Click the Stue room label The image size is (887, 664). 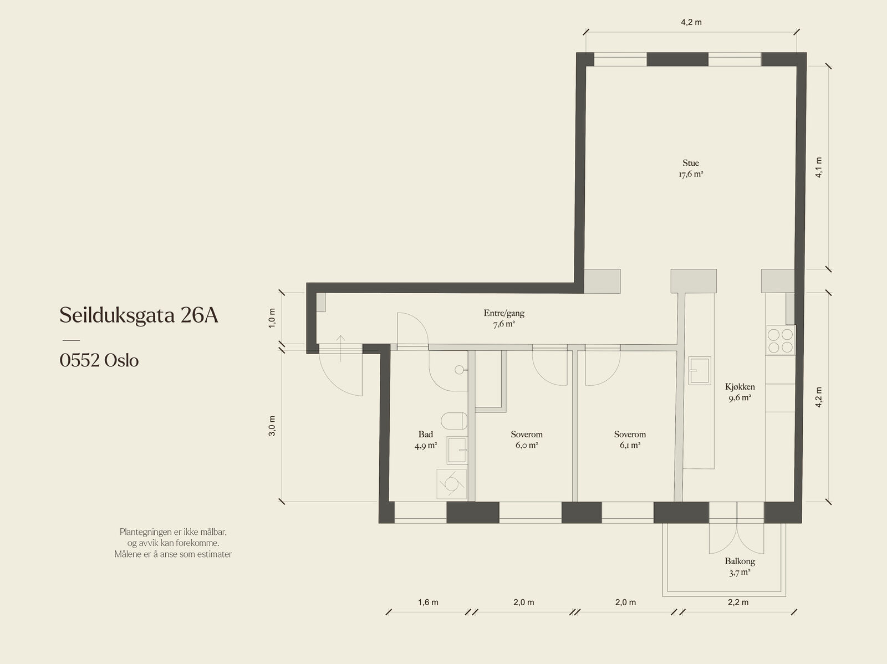click(691, 163)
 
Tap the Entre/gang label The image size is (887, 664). click(504, 313)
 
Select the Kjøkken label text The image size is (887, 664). click(740, 386)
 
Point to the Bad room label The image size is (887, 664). click(426, 434)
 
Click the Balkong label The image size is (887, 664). click(740, 561)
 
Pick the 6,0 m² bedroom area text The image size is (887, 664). click(527, 445)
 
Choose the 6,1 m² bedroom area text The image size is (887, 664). click(630, 445)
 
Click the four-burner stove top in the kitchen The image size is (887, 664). click(781, 341)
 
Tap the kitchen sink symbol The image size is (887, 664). click(700, 370)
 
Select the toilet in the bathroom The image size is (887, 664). click(454, 421)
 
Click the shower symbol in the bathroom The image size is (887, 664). click(451, 483)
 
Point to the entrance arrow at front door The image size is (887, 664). click(340, 348)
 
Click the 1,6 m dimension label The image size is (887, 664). click(428, 602)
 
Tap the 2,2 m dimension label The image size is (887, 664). click(738, 602)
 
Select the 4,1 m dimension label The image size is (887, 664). click(819, 167)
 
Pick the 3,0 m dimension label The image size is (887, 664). click(272, 426)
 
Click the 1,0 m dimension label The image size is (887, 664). click(272, 318)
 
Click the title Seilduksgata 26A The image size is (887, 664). click(139, 315)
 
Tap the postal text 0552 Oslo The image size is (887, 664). click(99, 360)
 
